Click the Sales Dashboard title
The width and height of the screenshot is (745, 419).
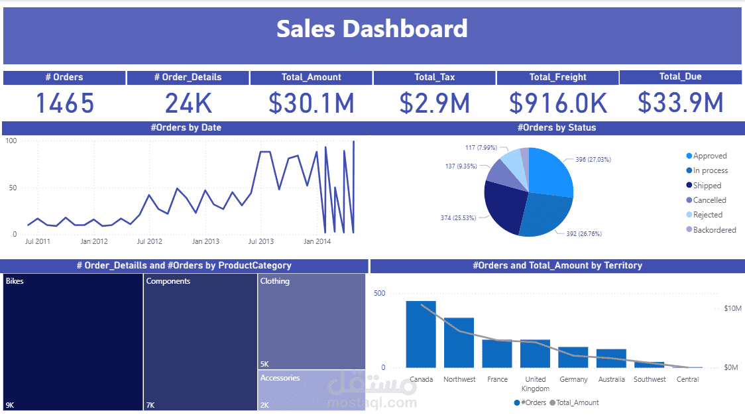pyautogui.click(x=372, y=29)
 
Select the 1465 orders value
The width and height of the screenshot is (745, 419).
pyautogui.click(x=64, y=103)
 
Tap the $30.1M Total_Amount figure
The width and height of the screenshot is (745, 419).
pyautogui.click(x=311, y=103)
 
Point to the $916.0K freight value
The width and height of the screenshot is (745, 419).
pyautogui.click(x=557, y=103)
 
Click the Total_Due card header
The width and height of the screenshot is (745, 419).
pyautogui.click(x=680, y=77)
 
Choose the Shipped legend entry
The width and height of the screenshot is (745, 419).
pyautogui.click(x=707, y=186)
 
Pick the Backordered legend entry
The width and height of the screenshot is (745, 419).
pyautogui.click(x=714, y=230)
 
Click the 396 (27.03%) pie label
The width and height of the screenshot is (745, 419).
pyautogui.click(x=589, y=160)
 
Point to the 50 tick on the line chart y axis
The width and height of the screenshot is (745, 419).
pyautogui.click(x=11, y=188)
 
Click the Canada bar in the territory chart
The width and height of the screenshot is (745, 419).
pyautogui.click(x=421, y=334)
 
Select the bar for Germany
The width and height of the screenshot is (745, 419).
pyautogui.click(x=573, y=357)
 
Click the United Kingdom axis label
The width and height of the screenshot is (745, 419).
pyautogui.click(x=535, y=384)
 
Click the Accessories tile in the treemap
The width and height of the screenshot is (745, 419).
pyautogui.click(x=311, y=390)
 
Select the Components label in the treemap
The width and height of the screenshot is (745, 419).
pyautogui.click(x=168, y=281)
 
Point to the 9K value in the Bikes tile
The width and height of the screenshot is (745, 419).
pyautogui.click(x=10, y=405)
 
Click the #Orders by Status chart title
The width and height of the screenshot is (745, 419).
pyautogui.click(x=556, y=128)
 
